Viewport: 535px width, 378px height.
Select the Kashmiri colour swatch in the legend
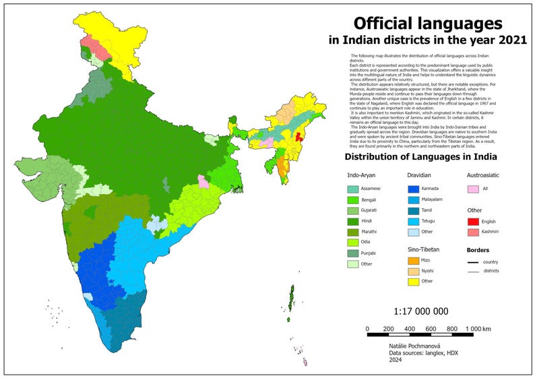[x=474, y=232]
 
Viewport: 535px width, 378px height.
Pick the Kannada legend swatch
[x=413, y=189]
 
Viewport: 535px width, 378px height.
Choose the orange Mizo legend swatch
[x=413, y=260]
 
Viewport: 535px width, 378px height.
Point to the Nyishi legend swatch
[x=413, y=271]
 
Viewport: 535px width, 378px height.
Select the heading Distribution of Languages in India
[x=420, y=157]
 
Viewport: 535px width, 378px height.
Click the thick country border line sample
[x=474, y=261]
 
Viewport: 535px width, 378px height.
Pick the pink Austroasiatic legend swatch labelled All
[x=474, y=189]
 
